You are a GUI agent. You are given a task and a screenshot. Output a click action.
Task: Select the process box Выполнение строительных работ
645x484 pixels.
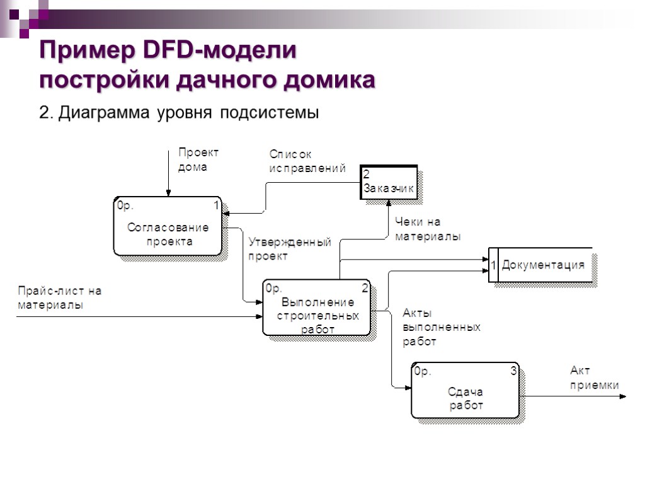pyautogui.click(x=316, y=308)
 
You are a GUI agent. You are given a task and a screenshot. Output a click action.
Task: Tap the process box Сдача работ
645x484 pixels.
pyautogui.click(x=465, y=390)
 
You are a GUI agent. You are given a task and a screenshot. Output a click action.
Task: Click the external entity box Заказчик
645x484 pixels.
pyautogui.click(x=389, y=182)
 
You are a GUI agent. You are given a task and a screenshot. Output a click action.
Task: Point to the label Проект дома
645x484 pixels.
pyautogui.click(x=198, y=159)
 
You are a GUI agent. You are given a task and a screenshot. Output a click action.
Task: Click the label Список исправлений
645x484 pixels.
pyautogui.click(x=307, y=161)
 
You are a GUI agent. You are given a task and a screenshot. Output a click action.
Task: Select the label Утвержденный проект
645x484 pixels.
pyautogui.click(x=289, y=249)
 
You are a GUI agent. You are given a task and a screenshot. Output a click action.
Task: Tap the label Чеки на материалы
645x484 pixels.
pyautogui.click(x=427, y=229)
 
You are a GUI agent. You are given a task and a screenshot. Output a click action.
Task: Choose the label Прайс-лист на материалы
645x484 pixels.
pyautogui.click(x=59, y=297)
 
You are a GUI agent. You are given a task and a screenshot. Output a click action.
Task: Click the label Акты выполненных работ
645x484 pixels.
pyautogui.click(x=441, y=327)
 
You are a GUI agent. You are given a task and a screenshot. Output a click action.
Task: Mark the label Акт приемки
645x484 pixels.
pyautogui.click(x=594, y=377)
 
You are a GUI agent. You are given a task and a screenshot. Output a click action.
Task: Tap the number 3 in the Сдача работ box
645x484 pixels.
pyautogui.click(x=513, y=372)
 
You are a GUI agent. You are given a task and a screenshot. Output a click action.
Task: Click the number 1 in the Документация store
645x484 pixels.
pyautogui.click(x=494, y=265)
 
